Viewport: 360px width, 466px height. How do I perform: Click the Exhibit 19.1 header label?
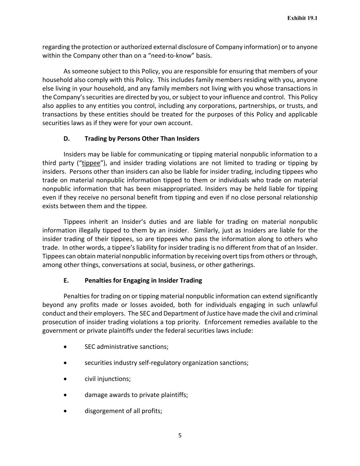[302, 18]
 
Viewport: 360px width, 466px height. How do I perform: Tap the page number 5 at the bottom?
[180, 435]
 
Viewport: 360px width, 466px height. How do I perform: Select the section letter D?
[66, 139]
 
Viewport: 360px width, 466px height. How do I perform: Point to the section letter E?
[66, 280]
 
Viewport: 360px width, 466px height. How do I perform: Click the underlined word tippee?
[91, 163]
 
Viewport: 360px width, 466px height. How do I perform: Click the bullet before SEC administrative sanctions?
[65, 347]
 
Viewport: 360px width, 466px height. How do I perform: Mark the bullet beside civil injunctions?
[65, 379]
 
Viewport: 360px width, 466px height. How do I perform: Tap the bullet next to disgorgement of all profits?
[65, 411]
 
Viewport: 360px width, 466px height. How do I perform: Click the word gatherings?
[239, 265]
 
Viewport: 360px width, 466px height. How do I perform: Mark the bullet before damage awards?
[65, 395]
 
